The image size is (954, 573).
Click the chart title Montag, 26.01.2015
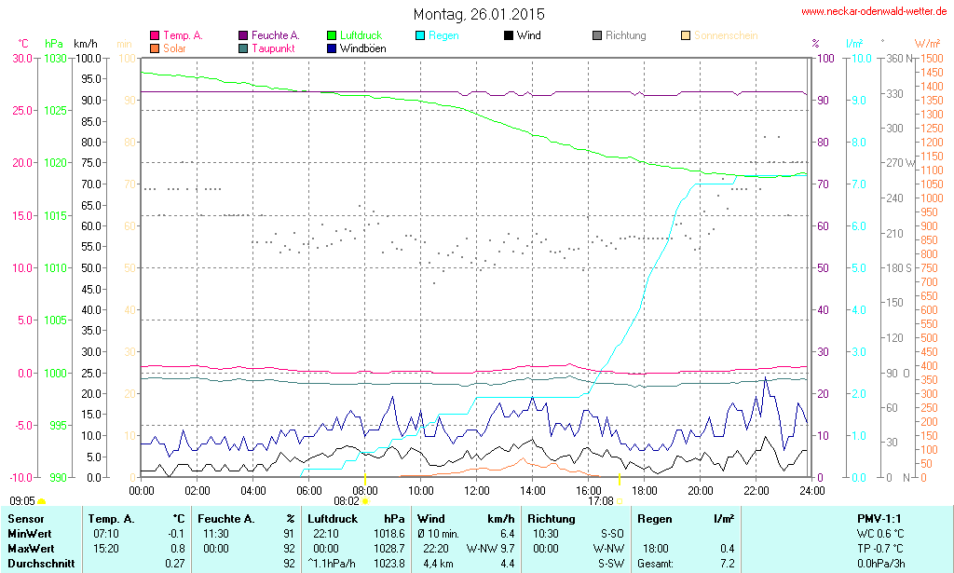click(x=479, y=14)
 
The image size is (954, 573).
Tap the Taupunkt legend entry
click(x=271, y=48)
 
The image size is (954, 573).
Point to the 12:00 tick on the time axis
click(x=477, y=490)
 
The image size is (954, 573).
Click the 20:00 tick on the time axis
click(x=701, y=490)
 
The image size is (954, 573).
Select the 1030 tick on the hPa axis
click(x=55, y=58)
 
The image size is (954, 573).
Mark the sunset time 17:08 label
click(x=600, y=501)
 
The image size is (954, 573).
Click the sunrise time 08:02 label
click(x=347, y=501)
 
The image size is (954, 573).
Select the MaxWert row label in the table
click(x=31, y=548)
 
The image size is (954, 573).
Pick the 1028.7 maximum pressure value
click(x=388, y=548)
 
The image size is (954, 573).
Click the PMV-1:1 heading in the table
click(x=878, y=518)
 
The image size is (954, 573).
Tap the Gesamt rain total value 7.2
click(x=726, y=564)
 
